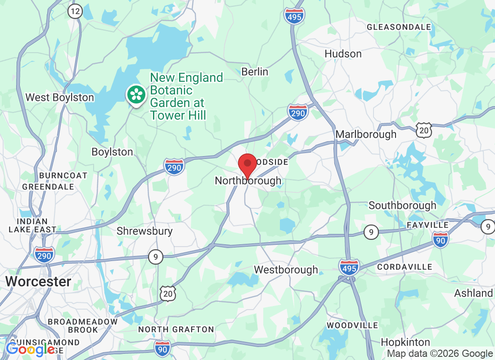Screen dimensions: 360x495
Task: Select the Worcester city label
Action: (38, 282)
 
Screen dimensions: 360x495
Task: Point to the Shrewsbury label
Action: (144, 231)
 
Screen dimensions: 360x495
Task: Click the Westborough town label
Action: (286, 270)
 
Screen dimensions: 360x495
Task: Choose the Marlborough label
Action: (366, 134)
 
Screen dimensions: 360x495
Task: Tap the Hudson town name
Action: (343, 54)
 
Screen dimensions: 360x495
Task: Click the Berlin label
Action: (255, 72)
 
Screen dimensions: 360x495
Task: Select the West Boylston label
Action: (60, 98)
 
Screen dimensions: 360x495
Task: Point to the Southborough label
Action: (402, 206)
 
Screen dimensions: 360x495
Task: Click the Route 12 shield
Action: (75, 12)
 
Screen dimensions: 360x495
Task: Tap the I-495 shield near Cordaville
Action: (349, 267)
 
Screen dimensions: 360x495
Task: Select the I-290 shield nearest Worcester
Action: (44, 255)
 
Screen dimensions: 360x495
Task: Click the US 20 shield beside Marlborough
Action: (424, 130)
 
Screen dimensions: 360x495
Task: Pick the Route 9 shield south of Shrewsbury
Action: (155, 257)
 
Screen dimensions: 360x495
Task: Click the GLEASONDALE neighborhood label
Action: (399, 27)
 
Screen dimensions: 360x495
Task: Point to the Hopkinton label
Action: (405, 342)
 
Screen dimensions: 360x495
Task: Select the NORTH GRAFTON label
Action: (176, 329)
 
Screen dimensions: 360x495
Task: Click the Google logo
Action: (31, 350)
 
